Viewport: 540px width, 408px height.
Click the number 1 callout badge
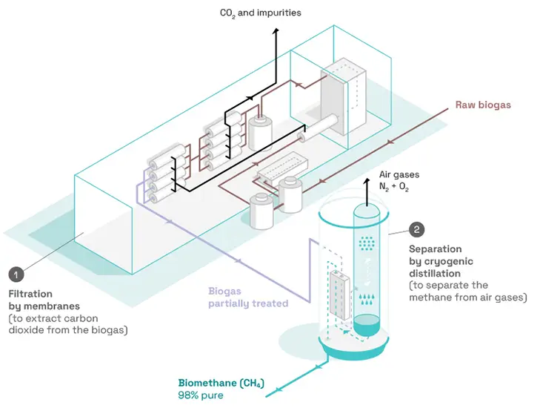point(16,275)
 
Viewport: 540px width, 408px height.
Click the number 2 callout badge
point(416,230)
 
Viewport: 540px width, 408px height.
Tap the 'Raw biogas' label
point(483,105)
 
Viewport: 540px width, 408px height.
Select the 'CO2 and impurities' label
point(260,13)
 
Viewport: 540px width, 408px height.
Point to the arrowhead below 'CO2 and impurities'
point(276,31)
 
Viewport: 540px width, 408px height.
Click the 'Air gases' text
point(399,174)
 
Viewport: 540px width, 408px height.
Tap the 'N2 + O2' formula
point(394,187)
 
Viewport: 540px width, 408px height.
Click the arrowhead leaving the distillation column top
point(367,181)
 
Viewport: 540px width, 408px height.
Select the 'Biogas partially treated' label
point(248,297)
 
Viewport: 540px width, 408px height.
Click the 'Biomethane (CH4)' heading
point(221,384)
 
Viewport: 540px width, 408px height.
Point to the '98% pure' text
point(201,395)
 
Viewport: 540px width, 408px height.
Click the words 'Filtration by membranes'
point(44,300)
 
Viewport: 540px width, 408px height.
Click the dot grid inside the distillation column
point(367,243)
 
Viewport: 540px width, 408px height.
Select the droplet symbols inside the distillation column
point(367,300)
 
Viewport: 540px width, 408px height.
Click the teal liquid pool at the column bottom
point(367,324)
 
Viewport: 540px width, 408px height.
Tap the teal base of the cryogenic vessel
point(355,349)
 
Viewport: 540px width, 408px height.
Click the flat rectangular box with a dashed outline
point(282,167)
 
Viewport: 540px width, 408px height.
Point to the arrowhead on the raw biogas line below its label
point(390,142)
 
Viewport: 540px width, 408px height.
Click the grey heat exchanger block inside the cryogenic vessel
point(339,295)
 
